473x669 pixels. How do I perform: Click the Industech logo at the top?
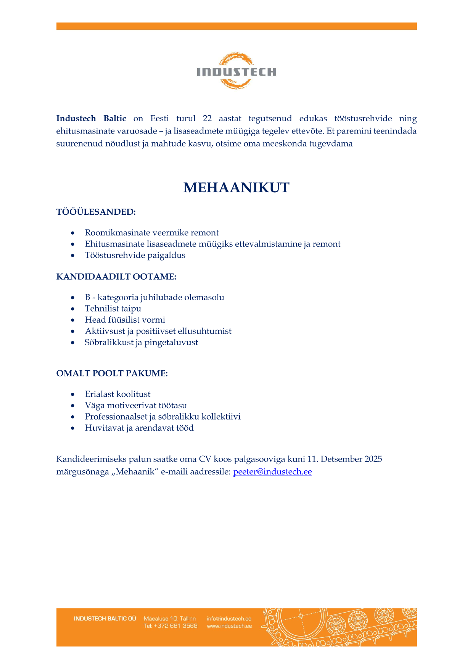pos(236,71)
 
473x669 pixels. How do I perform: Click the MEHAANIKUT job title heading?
pos(236,188)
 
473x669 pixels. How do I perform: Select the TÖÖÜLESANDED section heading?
pos(96,212)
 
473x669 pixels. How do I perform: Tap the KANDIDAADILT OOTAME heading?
pos(116,277)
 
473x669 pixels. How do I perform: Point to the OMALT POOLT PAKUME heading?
pos(112,373)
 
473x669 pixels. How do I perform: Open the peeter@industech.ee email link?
pos(272,472)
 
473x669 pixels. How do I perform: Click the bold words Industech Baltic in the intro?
pos(91,119)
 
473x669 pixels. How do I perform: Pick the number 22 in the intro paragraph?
pos(207,119)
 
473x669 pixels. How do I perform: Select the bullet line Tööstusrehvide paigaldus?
pos(135,255)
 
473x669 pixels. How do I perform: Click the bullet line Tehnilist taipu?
pos(113,309)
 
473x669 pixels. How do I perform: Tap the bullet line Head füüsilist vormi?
pos(125,320)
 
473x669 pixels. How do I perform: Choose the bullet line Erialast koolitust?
pos(117,394)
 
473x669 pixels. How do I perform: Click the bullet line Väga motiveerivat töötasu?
pos(136,405)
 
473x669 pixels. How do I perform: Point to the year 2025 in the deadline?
pos(373,459)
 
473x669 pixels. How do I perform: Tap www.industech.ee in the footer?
pos(229,626)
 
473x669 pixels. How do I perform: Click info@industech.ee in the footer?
pos(229,619)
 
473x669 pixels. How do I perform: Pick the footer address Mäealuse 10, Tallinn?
pos(170,619)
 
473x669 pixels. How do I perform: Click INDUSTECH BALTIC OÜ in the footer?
pos(105,619)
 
